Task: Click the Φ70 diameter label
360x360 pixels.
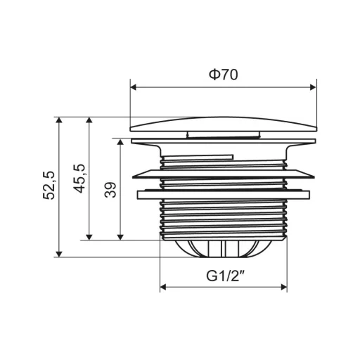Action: tap(223, 75)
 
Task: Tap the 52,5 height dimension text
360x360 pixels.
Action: tap(49, 186)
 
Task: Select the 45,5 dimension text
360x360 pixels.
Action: tap(79, 179)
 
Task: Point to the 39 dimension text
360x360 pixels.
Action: tap(110, 190)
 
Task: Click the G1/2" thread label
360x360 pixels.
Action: tap(226, 276)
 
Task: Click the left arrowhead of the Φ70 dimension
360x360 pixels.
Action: tap(133, 87)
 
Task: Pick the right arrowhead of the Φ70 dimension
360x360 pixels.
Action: tap(313, 87)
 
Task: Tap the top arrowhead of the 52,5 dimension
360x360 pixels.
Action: tap(59, 120)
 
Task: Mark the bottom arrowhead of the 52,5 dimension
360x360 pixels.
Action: tap(59, 254)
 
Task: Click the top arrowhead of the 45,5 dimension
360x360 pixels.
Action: tap(89, 120)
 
